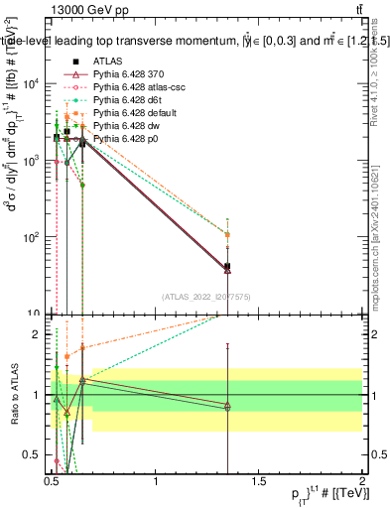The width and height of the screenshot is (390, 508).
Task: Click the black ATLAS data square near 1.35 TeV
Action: pos(228,266)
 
